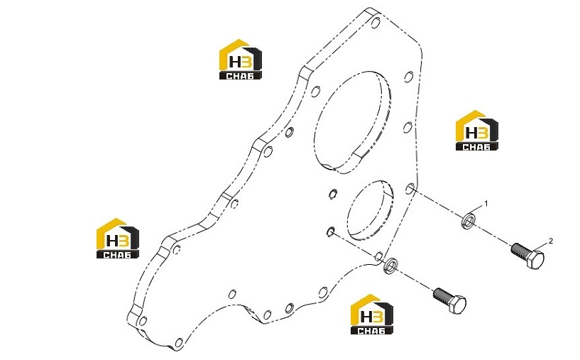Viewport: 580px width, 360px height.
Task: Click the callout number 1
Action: click(486, 204)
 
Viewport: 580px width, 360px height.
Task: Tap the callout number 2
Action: click(551, 241)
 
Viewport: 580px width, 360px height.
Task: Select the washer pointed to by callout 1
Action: click(469, 221)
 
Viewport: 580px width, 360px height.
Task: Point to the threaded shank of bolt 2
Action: click(519, 251)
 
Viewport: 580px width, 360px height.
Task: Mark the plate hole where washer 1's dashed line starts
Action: click(410, 189)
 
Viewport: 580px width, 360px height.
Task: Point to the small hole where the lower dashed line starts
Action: click(331, 231)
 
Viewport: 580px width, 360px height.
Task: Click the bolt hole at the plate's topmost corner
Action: click(375, 23)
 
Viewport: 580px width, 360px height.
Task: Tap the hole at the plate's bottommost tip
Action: click(179, 343)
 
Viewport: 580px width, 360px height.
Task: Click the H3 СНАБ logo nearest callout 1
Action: click(477, 130)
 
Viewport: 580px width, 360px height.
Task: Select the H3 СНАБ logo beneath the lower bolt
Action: click(372, 315)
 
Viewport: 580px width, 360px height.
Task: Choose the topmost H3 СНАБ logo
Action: click(241, 59)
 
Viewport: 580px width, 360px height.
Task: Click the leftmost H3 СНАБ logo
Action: click(118, 238)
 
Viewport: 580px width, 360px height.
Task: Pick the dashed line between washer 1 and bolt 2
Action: click(493, 235)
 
